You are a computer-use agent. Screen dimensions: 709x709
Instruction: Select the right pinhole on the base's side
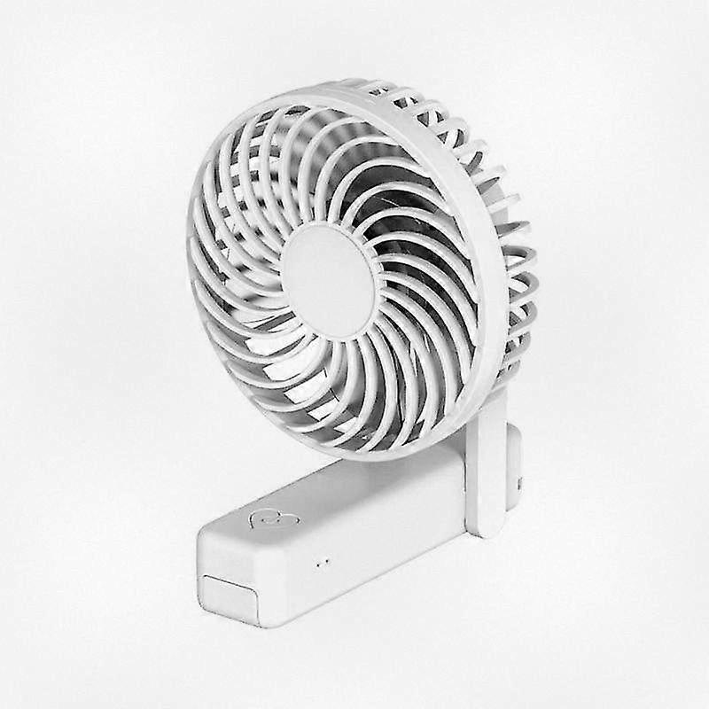(x=325, y=562)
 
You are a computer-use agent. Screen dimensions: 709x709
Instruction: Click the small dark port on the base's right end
(x=519, y=484)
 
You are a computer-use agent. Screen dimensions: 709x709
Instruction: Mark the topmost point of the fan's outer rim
(x=354, y=85)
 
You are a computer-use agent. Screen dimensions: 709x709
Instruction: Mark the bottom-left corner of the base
(x=206, y=606)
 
